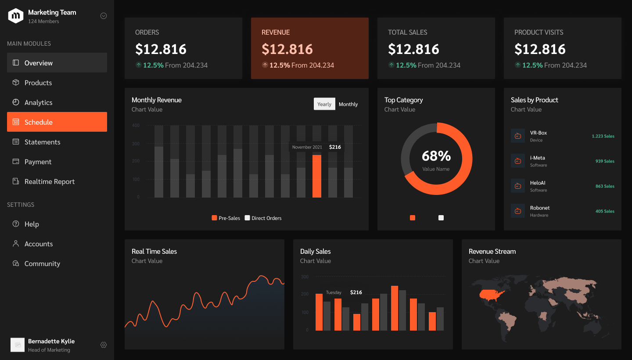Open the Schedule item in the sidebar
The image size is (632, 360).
pyautogui.click(x=57, y=122)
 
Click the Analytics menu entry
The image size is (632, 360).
pyautogui.click(x=38, y=102)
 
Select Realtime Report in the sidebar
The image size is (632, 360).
pyautogui.click(x=49, y=181)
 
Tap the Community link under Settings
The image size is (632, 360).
pyautogui.click(x=42, y=263)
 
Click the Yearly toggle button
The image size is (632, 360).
pyautogui.click(x=324, y=104)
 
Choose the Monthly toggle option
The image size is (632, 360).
pyautogui.click(x=348, y=104)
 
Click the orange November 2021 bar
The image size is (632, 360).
pyautogui.click(x=317, y=176)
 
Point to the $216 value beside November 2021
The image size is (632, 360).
pyautogui.click(x=335, y=147)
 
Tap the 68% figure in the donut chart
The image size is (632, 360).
pyautogui.click(x=436, y=156)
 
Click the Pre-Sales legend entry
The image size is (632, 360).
pyautogui.click(x=226, y=218)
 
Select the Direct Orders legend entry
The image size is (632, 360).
pyautogui.click(x=263, y=218)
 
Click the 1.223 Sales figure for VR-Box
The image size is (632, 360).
pyautogui.click(x=603, y=136)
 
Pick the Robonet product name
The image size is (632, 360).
pyautogui.click(x=540, y=208)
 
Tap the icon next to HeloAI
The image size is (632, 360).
pyautogui.click(x=518, y=186)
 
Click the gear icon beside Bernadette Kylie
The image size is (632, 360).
pyautogui.click(x=104, y=345)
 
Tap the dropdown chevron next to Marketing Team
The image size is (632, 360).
pyautogui.click(x=104, y=16)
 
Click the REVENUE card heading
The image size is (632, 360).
pyautogui.click(x=276, y=32)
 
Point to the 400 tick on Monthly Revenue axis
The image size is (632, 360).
pyautogui.click(x=136, y=125)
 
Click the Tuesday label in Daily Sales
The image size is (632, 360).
pyautogui.click(x=334, y=292)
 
